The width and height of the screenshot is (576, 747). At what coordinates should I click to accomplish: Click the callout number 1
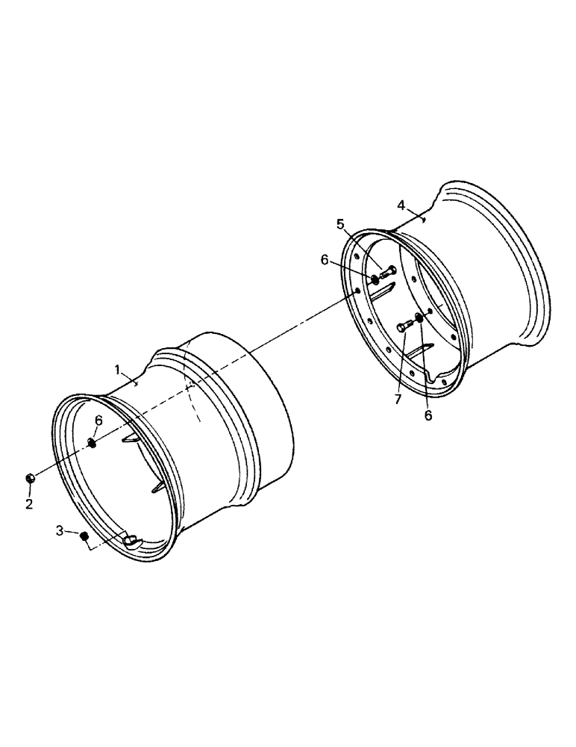point(117,369)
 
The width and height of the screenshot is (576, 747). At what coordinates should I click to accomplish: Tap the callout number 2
point(29,504)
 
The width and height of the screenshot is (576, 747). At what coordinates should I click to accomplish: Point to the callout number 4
point(401,205)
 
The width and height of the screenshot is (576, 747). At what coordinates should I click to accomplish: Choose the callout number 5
point(340,223)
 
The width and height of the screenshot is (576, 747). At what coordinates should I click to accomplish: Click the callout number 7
point(398,400)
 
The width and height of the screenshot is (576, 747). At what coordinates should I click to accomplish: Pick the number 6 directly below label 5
point(325,259)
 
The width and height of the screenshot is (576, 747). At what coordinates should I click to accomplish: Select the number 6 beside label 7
point(428,415)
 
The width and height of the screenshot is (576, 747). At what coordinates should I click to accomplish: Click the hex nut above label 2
point(30,479)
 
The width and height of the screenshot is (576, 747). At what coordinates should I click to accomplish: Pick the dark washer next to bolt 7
point(419,319)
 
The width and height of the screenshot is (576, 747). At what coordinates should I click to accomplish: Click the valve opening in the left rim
point(132,540)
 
